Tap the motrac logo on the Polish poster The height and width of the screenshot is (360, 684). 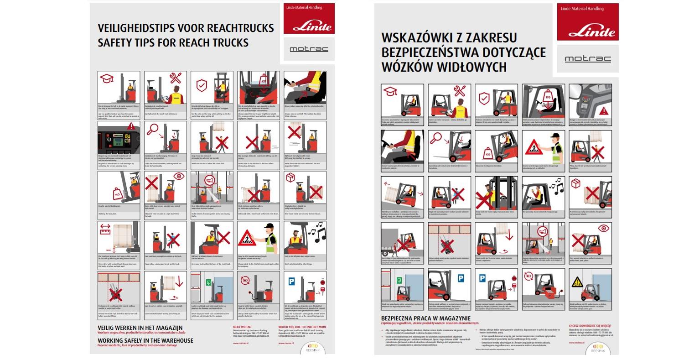click(587, 59)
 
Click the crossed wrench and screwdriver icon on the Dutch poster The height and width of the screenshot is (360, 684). click(176, 78)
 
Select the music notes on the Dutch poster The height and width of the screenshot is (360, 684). click(317, 230)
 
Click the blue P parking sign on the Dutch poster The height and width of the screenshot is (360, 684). click(208, 282)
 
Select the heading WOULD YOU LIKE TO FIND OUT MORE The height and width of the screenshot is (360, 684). click(302, 327)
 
